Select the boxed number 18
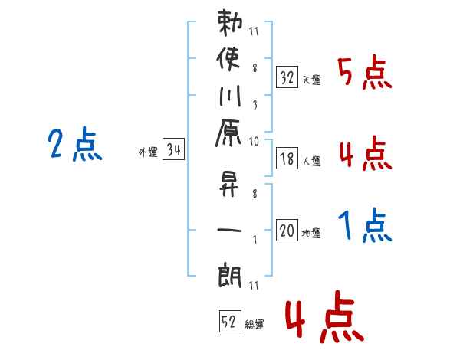click(x=287, y=159)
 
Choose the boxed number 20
click(x=287, y=231)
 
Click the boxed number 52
click(x=228, y=322)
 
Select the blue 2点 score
click(x=75, y=145)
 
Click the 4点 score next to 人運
click(x=366, y=154)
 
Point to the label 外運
click(x=148, y=152)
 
